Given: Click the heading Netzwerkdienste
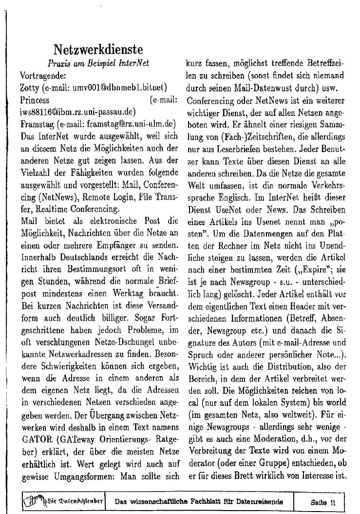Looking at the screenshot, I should pyautogui.click(x=98, y=50).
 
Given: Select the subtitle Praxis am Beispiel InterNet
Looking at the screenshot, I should pyautogui.click(x=98, y=63).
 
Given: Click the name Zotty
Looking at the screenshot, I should pyautogui.click(x=30, y=88).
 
